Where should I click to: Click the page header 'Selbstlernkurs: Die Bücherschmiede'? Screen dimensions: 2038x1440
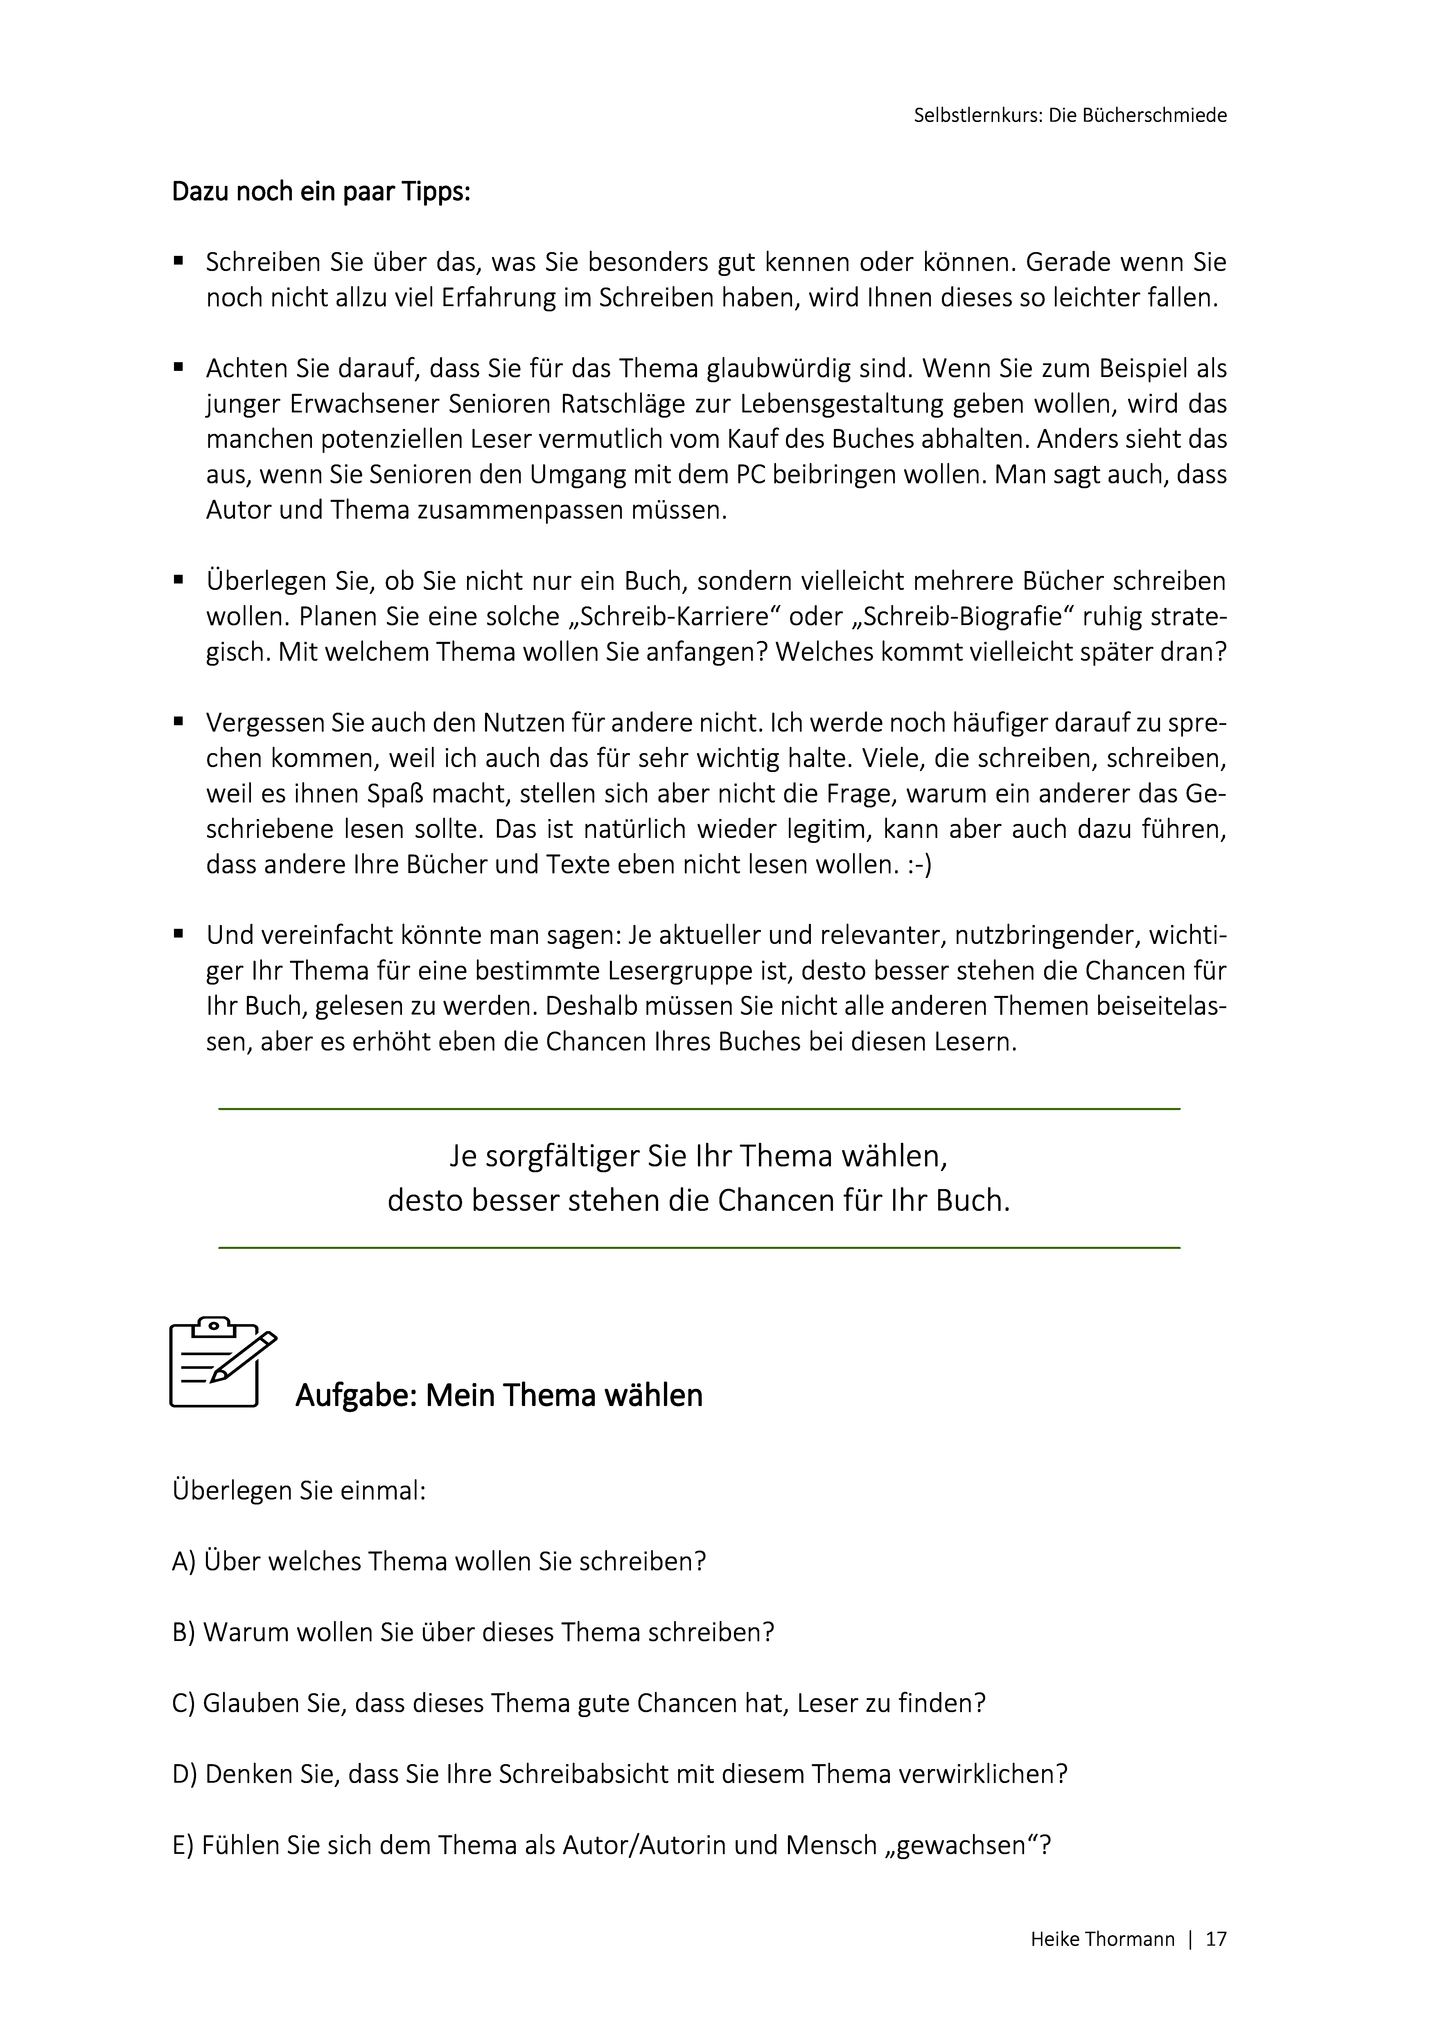pyautogui.click(x=1070, y=115)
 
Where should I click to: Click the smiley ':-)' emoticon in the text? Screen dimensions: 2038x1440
pyautogui.click(x=917, y=865)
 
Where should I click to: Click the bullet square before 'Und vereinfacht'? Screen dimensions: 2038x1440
pyautogui.click(x=178, y=934)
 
